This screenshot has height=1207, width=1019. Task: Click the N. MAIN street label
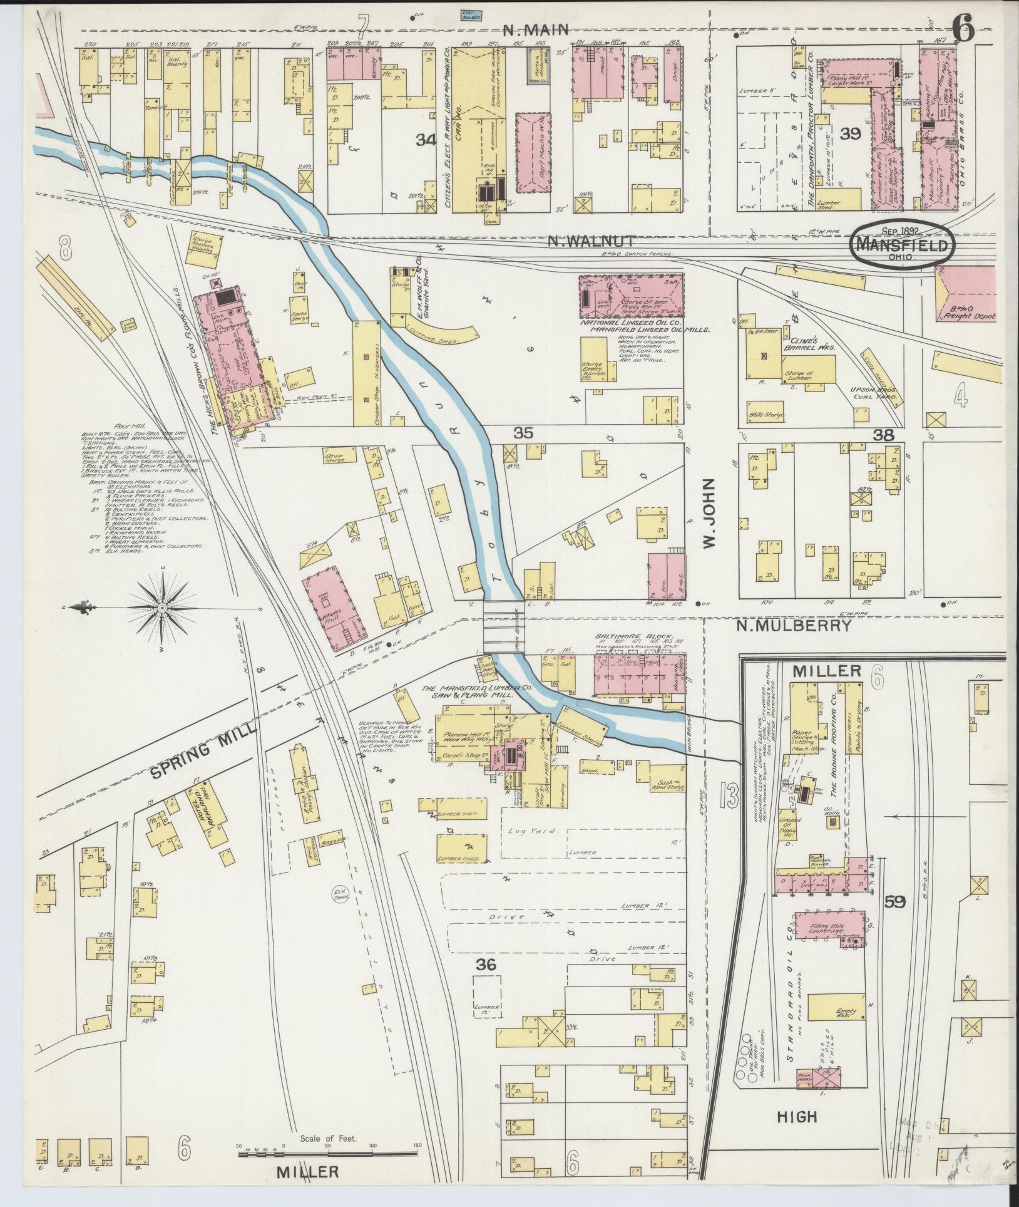click(537, 29)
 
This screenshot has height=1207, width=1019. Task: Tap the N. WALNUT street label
click(591, 241)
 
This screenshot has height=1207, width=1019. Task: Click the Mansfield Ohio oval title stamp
click(903, 246)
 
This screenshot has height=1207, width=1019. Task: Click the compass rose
click(163, 608)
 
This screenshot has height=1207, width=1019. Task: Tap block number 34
click(427, 141)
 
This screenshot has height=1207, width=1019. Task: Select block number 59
click(896, 902)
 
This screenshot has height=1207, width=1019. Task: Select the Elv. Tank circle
click(341, 893)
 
